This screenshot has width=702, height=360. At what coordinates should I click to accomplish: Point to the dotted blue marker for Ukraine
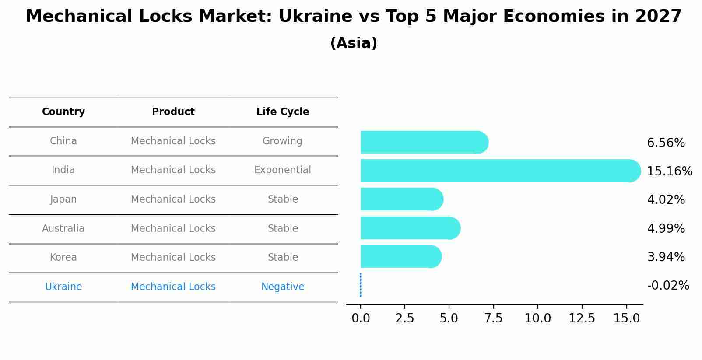point(360,285)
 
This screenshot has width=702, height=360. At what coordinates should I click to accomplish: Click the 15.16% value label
point(669,171)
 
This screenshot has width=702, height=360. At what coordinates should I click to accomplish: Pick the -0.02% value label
point(668,286)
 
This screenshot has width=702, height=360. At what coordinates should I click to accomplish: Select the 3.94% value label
point(666,257)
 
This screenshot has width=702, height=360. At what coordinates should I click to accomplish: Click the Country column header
point(63,112)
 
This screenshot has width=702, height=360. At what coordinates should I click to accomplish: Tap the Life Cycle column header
point(283,112)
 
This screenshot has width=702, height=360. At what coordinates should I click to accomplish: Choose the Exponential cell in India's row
point(283,170)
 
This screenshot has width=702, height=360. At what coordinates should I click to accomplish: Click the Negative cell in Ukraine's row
point(283,287)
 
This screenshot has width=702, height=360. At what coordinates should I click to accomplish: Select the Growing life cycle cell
point(282,141)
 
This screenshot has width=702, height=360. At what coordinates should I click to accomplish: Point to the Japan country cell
point(63,199)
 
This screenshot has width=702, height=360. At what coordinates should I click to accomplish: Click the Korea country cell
point(63,257)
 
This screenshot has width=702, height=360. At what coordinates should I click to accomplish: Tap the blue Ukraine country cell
point(63,287)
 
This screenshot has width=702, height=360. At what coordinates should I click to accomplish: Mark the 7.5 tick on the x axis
point(493,318)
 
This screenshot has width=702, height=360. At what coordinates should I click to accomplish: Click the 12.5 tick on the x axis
point(582,318)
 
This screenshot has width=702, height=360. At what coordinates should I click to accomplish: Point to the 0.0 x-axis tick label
point(361,318)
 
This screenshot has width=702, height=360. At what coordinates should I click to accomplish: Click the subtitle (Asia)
point(354,43)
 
